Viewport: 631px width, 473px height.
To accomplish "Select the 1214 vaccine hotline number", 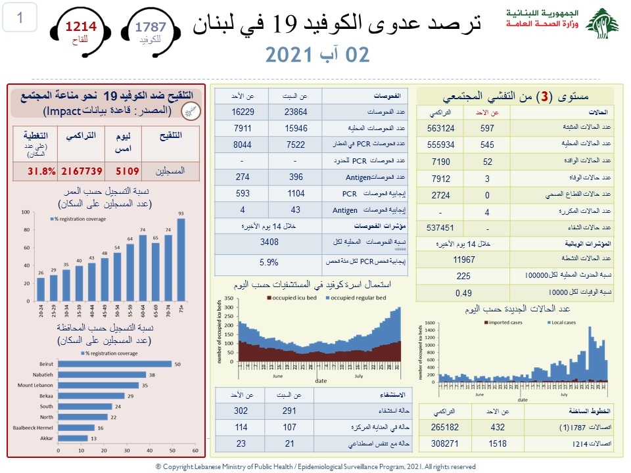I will point(80,27).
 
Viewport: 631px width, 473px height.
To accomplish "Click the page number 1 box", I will point(20,18).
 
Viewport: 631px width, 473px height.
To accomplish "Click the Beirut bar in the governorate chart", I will point(115,365).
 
